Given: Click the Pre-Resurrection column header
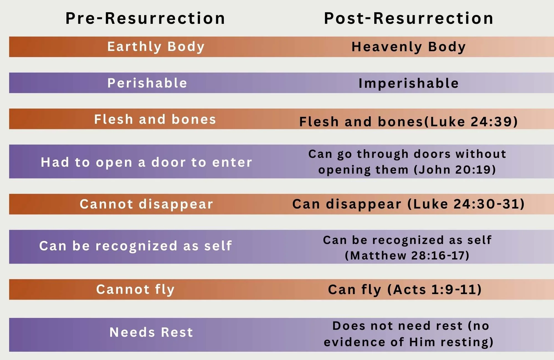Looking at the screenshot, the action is (x=145, y=19).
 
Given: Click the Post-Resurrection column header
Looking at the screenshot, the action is (x=409, y=19).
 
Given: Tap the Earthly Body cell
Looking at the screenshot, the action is (x=156, y=47).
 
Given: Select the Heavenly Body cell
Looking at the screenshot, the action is (x=409, y=47).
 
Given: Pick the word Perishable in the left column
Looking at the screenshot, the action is (x=147, y=83).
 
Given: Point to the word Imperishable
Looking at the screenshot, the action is (x=409, y=83).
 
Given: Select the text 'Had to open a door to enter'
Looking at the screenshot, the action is (x=147, y=162).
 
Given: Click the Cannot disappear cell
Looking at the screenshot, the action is (x=147, y=204).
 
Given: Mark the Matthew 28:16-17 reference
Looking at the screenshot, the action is (x=407, y=256).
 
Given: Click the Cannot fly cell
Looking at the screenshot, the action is (x=135, y=290).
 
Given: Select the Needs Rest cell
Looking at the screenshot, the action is (x=151, y=332).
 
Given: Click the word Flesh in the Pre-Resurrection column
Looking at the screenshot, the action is (x=114, y=119).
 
